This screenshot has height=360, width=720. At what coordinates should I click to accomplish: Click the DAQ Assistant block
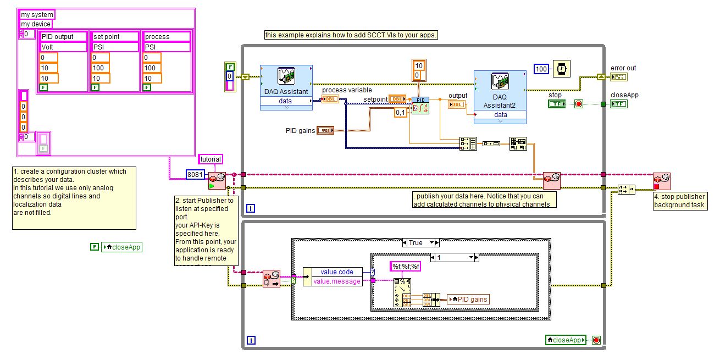point(286,86)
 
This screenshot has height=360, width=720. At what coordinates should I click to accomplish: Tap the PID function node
point(420,104)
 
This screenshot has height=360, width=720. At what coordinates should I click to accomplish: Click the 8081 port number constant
point(195,175)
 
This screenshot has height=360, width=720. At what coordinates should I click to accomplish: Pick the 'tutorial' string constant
point(210,159)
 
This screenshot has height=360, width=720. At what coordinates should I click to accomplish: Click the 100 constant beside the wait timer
point(541,69)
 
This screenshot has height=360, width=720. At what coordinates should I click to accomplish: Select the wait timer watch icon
point(561,69)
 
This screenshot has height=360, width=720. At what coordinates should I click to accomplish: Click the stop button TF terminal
point(557,104)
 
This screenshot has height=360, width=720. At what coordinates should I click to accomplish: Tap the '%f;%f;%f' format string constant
point(406,267)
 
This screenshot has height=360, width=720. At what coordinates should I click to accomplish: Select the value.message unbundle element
point(337,281)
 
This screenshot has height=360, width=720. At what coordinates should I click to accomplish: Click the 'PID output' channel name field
point(64,37)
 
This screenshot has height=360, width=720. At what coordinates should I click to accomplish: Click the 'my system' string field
point(37,15)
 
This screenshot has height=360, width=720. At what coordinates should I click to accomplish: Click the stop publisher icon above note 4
point(661,181)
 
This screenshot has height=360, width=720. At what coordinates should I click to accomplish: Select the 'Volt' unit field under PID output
point(64,47)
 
